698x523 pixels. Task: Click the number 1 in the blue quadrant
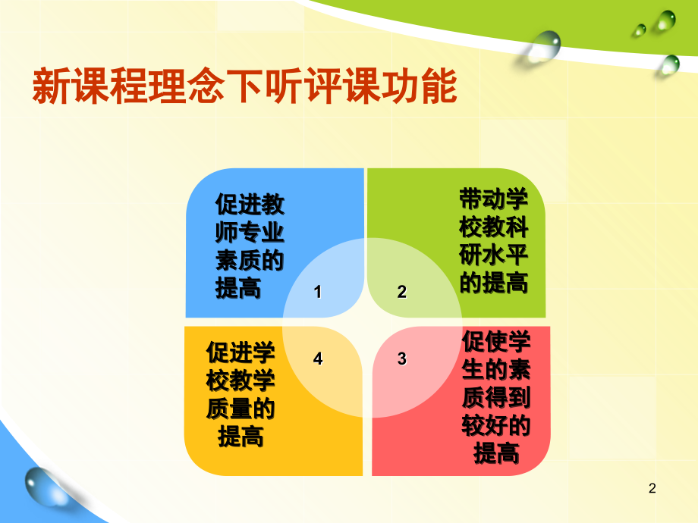(318, 292)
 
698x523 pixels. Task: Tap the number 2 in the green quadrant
(402, 292)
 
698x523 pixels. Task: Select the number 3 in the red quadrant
(402, 359)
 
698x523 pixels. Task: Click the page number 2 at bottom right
(652, 490)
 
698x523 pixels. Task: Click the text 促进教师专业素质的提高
(250, 246)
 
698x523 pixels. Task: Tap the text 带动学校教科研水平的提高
(494, 242)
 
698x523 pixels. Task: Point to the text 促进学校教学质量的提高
(241, 395)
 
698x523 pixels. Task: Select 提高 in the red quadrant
(496, 454)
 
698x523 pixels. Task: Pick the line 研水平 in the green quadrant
(494, 256)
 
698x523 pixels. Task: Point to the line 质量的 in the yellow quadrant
(241, 409)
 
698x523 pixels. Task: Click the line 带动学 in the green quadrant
(494, 200)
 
